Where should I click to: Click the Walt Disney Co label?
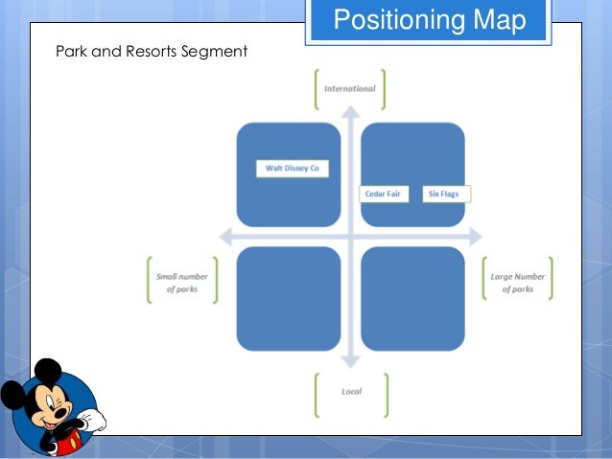293,169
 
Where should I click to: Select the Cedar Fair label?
383,194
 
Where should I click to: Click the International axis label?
350,88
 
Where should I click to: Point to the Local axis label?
351,392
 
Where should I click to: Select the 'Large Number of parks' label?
517,282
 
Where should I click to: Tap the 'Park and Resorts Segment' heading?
152,50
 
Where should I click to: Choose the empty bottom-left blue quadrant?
289,298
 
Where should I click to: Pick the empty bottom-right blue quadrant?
412,298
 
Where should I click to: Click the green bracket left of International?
317,88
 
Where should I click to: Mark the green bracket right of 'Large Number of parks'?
551,279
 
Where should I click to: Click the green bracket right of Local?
386,393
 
